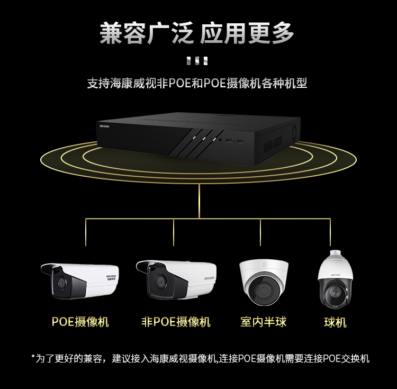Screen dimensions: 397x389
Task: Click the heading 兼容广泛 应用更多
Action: [197, 33]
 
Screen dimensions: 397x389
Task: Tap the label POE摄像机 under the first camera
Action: [80, 322]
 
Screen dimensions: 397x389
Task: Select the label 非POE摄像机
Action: [176, 322]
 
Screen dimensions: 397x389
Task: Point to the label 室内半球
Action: [263, 322]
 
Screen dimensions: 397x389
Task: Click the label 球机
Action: [335, 322]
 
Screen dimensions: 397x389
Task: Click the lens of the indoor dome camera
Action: [264, 291]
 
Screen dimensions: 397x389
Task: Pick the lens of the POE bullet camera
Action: [61, 283]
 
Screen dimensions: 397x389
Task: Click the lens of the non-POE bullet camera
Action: [160, 281]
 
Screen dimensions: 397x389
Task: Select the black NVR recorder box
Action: [198, 139]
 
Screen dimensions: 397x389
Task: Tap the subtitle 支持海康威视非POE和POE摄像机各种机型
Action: [197, 83]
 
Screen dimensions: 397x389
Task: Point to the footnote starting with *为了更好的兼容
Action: [200, 358]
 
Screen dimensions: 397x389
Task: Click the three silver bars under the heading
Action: [197, 61]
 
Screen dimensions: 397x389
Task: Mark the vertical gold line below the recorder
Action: [199, 201]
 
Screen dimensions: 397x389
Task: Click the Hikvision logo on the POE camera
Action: [111, 277]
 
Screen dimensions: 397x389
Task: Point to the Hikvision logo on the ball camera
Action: [336, 275]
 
